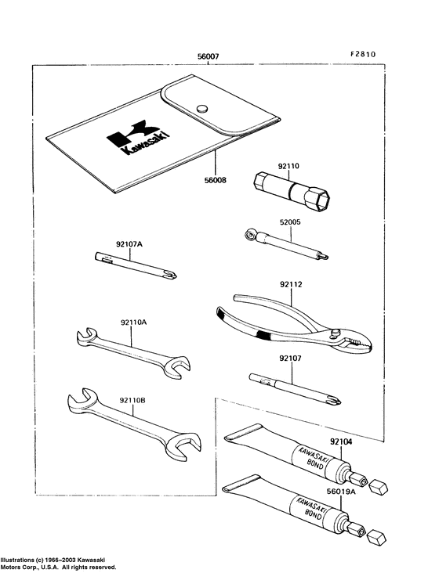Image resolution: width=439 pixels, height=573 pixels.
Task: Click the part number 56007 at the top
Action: pyautogui.click(x=209, y=56)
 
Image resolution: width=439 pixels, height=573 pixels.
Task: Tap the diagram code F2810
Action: pyautogui.click(x=362, y=55)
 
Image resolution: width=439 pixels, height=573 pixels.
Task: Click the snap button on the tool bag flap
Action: pyautogui.click(x=202, y=108)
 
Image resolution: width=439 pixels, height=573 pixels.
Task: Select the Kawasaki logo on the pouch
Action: pyautogui.click(x=138, y=137)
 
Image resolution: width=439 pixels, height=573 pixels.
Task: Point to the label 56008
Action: pyautogui.click(x=215, y=180)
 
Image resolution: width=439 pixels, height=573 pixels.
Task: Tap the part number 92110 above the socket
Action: pyautogui.click(x=288, y=166)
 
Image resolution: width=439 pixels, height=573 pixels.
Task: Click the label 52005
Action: pyautogui.click(x=290, y=222)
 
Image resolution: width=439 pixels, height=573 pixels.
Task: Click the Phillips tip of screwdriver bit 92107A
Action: pyautogui.click(x=171, y=274)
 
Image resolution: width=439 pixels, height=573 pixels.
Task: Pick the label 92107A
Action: pyautogui.click(x=129, y=243)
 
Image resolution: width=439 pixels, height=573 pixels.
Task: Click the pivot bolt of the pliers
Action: pyautogui.click(x=335, y=333)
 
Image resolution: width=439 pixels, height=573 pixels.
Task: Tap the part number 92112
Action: pyautogui.click(x=291, y=284)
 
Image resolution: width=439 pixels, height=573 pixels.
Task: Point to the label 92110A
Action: pyautogui.click(x=133, y=323)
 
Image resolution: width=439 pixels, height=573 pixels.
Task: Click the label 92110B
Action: pyautogui.click(x=132, y=401)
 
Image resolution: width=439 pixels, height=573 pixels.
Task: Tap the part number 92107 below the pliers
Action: pyautogui.click(x=291, y=359)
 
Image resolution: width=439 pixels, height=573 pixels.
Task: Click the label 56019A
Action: pyautogui.click(x=342, y=492)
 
